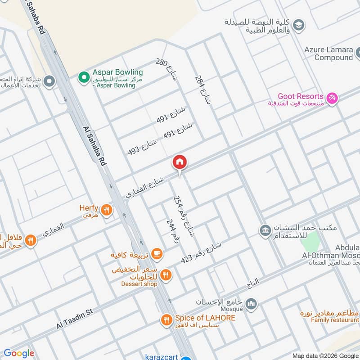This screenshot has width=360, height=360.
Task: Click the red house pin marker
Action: pos(180,162)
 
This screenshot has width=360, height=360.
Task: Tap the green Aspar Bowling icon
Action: pos(83,77)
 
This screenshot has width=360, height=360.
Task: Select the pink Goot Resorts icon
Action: pos(332,98)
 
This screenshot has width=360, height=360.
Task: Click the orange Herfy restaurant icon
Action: pos(107,209)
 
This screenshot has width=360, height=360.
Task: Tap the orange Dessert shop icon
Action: pos(166,274)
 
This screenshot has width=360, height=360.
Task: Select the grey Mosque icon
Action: pos(251,304)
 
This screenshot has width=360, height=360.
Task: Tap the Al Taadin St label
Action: pos(74,318)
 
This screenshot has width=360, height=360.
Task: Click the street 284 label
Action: pos(202,90)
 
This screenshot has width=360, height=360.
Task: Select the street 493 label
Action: pos(143,147)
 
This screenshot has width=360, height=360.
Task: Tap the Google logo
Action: pos(18,353)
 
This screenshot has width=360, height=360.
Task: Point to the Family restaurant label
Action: pos(332,320)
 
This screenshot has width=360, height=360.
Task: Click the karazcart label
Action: pos(162,357)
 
